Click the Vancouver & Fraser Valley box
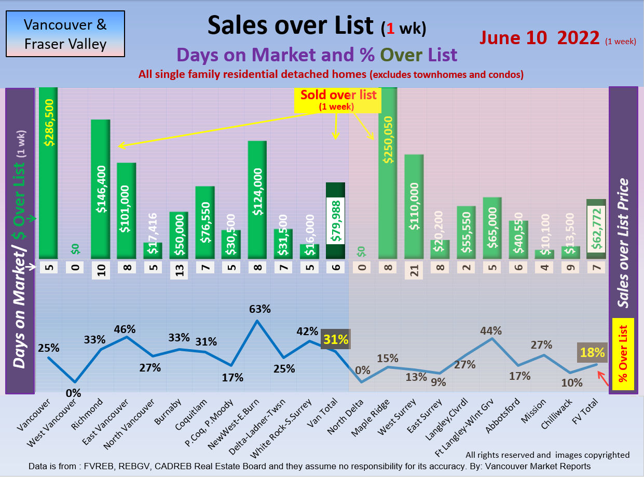coord(65,34)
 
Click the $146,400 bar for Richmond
coord(101,189)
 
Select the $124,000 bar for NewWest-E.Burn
coord(257,200)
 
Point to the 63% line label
coord(259,309)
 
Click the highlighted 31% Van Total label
coord(335,339)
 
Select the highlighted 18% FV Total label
coord(592,353)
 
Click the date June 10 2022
coord(540,37)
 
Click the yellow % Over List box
coord(623,352)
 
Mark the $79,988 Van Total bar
coord(335,221)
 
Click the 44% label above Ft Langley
coord(491,330)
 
